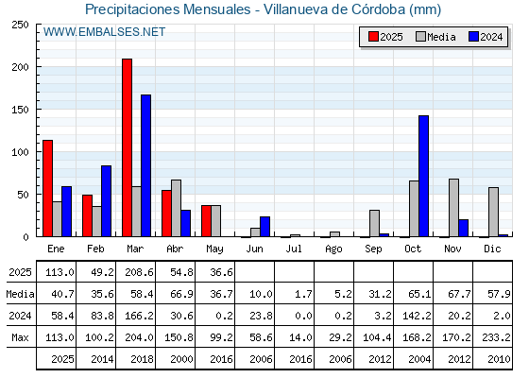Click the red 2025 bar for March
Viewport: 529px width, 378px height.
click(x=128, y=147)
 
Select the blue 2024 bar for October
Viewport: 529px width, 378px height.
click(x=424, y=176)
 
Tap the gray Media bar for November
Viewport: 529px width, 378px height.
click(x=453, y=208)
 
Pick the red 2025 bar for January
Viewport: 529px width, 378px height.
click(x=48, y=188)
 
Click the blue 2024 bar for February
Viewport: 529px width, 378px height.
click(x=106, y=200)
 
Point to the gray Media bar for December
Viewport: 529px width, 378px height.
click(x=493, y=212)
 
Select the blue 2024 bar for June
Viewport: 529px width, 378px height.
click(x=264, y=227)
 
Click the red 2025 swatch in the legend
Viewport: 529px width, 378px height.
click(x=373, y=37)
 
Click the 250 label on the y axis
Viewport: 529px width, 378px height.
click(x=21, y=25)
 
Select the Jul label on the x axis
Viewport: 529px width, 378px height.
click(x=294, y=249)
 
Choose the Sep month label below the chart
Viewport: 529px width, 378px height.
click(x=373, y=249)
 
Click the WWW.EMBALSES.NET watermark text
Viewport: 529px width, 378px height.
click(x=104, y=32)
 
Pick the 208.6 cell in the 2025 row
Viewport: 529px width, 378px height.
click(x=140, y=272)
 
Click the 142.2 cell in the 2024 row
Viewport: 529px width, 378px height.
click(x=417, y=316)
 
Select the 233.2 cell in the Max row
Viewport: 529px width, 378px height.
click(x=496, y=337)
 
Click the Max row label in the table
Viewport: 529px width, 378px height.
click(x=20, y=337)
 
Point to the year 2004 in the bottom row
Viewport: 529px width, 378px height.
click(x=419, y=359)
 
